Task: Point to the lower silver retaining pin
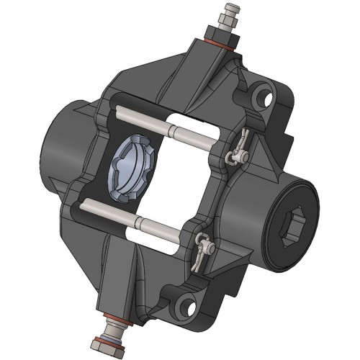coord(137,216)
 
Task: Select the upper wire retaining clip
coord(238,149)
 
